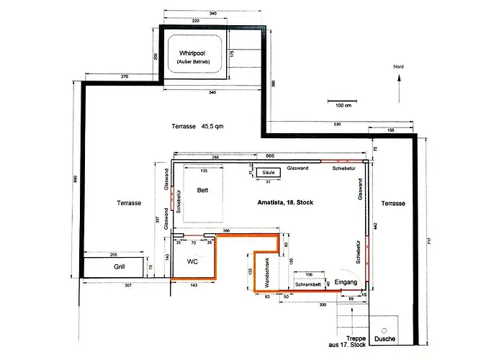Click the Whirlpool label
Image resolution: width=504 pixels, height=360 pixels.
[x=192, y=53]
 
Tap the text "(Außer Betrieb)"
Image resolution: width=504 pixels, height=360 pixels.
[x=192, y=63]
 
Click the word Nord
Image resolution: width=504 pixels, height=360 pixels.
[x=398, y=66]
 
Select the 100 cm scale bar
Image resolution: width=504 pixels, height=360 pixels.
[x=343, y=100]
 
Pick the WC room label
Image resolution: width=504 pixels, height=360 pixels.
[x=192, y=261]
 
